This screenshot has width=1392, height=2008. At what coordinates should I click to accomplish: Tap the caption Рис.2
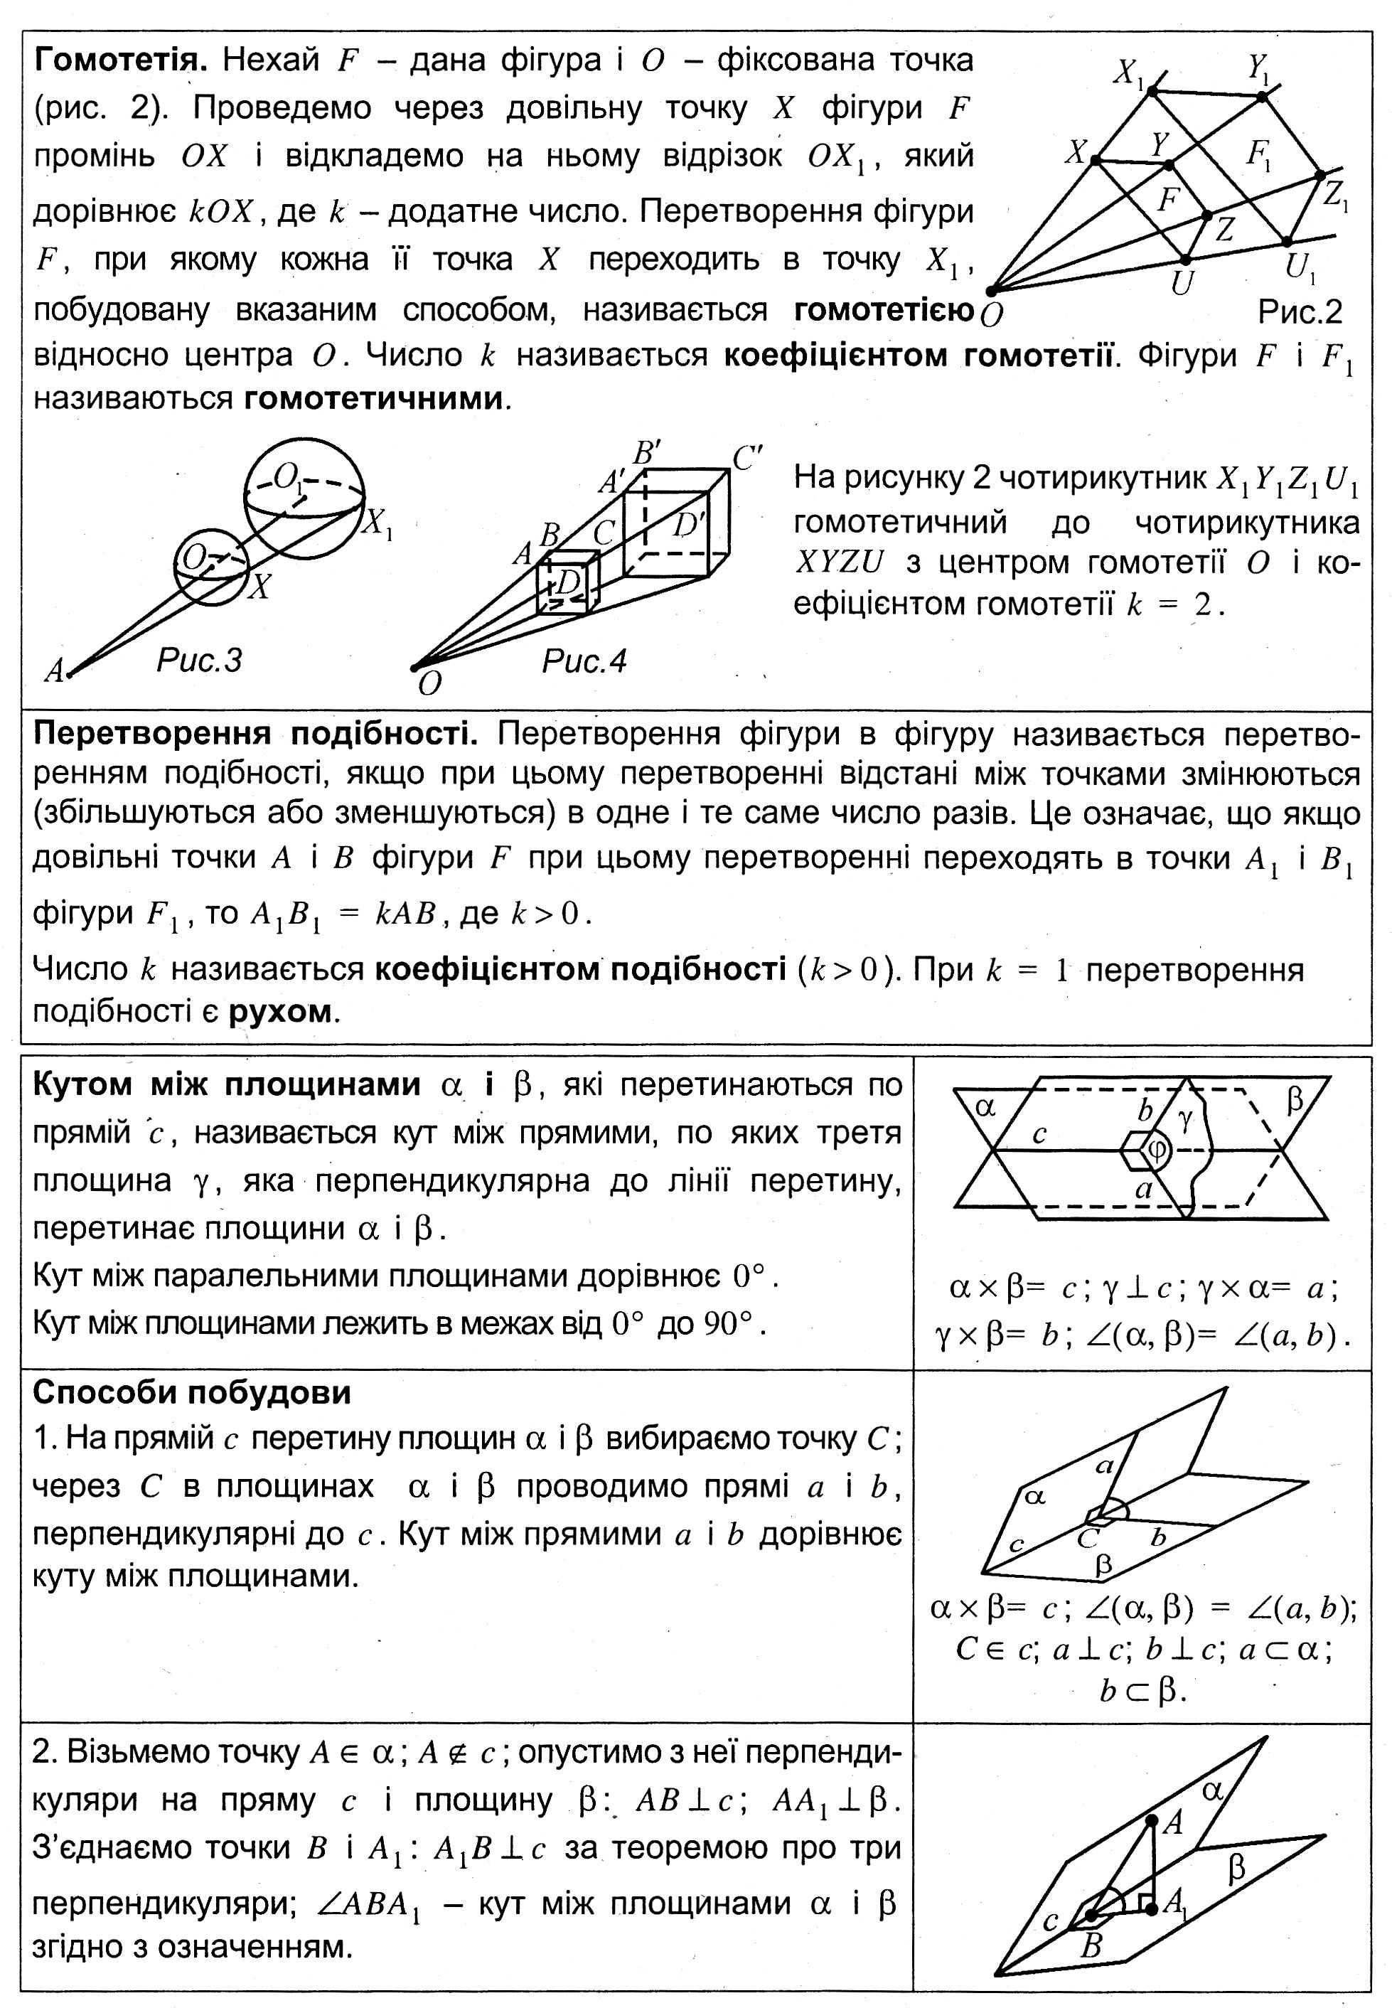point(1300,311)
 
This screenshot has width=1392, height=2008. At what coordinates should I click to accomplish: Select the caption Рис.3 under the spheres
point(199,661)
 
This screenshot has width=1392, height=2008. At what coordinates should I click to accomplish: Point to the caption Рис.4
point(584,661)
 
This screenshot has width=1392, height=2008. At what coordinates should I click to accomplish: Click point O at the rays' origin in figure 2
point(991,292)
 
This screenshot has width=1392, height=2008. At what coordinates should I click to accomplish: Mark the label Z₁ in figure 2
point(1334,196)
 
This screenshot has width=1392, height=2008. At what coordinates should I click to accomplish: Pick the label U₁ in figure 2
point(1300,268)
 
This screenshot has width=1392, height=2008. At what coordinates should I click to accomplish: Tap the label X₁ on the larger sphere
point(378,523)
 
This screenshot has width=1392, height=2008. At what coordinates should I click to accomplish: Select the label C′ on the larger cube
point(747,458)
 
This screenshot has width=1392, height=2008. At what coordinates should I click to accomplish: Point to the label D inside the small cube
point(568,582)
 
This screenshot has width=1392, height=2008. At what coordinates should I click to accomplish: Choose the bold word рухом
point(280,1011)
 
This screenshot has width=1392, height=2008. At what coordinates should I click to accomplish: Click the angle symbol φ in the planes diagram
point(1157,1150)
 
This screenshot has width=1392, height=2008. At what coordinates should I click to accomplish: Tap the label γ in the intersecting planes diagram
point(1184,1120)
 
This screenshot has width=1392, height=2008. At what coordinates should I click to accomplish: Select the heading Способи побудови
point(192,1392)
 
